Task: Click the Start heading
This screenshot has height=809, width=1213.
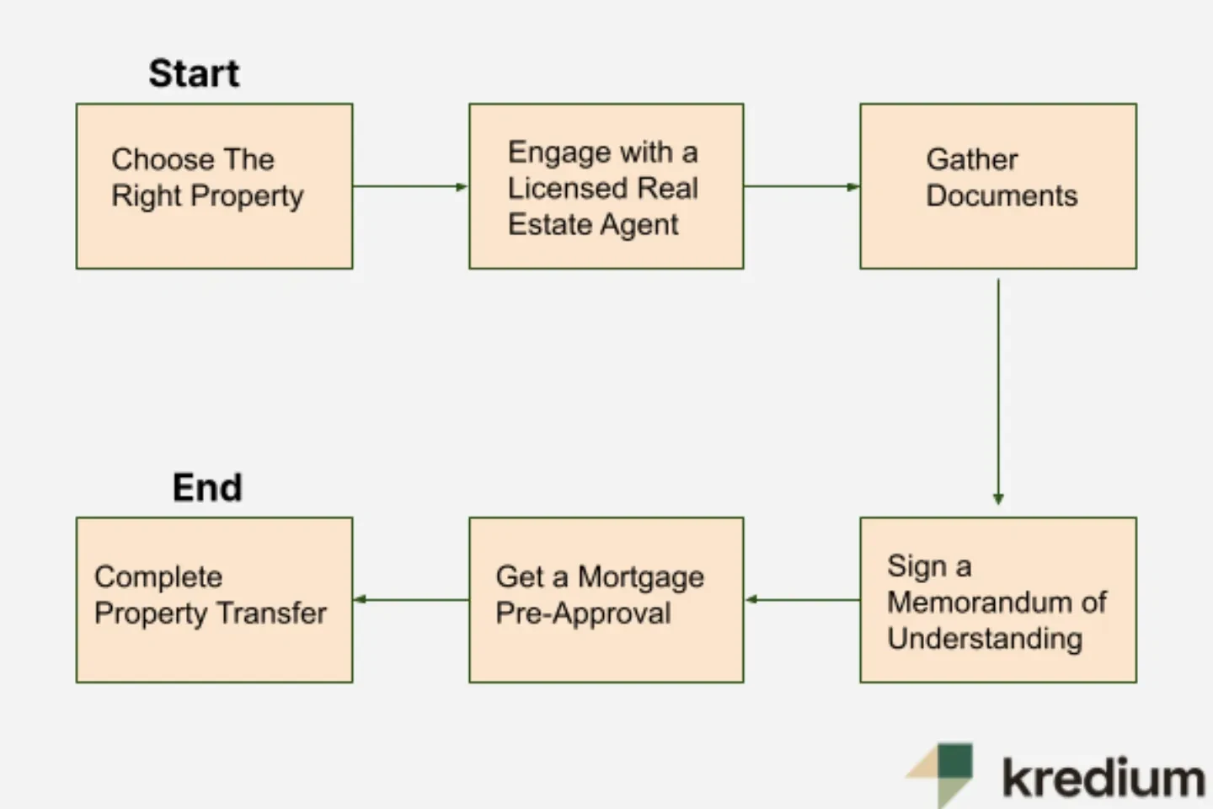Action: (x=194, y=73)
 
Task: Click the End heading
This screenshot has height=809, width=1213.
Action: (x=207, y=488)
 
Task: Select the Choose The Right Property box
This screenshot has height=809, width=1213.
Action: (x=214, y=186)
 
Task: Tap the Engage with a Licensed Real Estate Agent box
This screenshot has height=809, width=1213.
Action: (x=606, y=186)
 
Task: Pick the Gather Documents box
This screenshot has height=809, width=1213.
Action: (x=997, y=186)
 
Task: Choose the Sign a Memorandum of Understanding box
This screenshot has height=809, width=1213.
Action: (x=997, y=600)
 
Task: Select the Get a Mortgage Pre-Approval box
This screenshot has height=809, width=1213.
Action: (x=606, y=600)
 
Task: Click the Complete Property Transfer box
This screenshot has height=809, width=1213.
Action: (x=214, y=600)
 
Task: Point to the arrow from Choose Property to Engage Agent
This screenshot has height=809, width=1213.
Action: (x=410, y=186)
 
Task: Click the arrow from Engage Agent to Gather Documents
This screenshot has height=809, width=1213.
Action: (x=801, y=186)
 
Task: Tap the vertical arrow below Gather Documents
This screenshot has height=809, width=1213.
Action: (x=998, y=392)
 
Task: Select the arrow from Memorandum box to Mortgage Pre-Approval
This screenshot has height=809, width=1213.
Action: (x=802, y=600)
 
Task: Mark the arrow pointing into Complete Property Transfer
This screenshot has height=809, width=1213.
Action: (x=410, y=600)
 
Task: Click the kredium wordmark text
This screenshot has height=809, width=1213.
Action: (x=1103, y=778)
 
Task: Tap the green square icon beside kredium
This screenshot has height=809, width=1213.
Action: (x=954, y=762)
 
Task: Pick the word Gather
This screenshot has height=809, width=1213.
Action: (x=972, y=159)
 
